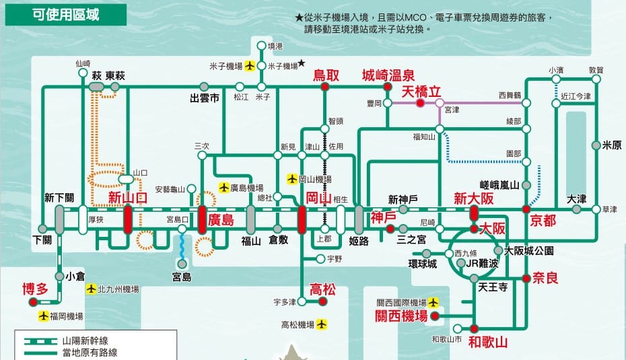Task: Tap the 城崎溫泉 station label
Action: pos(388,75)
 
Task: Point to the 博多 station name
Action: pos(36,289)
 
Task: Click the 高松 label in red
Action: pos(322,289)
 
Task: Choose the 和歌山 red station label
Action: pos(488,343)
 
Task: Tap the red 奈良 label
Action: pos(546,277)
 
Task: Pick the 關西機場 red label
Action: pos(401,316)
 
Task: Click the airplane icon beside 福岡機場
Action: pos(44,316)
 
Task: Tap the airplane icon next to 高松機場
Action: pos(321,325)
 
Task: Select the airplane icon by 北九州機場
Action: pos(91,289)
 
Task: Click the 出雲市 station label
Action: pos(205,98)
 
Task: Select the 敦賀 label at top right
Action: pos(596,70)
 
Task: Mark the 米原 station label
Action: pos(612,145)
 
